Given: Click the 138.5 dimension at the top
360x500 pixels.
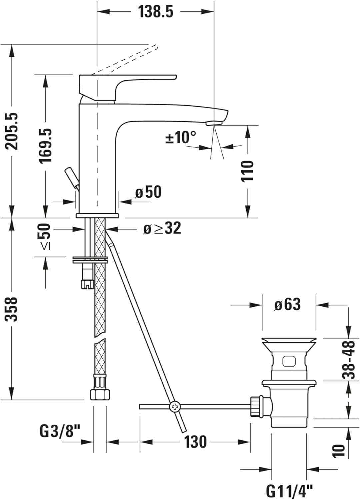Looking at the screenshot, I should coord(156,12).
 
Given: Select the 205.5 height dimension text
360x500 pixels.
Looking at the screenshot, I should coord(13,131).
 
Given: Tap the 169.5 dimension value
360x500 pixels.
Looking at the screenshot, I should coord(46,146).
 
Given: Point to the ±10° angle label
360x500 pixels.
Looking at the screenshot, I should coord(180,137).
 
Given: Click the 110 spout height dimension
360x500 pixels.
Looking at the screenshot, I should coord(247,171).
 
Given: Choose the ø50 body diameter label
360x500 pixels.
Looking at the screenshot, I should coord(148,192).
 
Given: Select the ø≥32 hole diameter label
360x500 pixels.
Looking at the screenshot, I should coord(162,228).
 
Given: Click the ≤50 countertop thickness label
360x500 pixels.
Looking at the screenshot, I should coord(45,236).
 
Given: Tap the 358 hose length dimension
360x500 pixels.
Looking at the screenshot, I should coord(12,309).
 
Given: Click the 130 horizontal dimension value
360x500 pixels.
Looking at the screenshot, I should coord(195,442).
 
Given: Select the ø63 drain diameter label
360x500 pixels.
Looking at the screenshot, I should coord(287,304).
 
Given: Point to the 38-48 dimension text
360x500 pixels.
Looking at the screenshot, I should coord(349,359).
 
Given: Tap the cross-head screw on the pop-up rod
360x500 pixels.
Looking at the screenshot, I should coord(174,406).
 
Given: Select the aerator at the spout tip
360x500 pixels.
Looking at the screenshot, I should coord(213,123).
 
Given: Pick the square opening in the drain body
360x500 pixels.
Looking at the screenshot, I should coord(289,361).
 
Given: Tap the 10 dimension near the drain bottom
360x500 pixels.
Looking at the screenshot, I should coord(339,450).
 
